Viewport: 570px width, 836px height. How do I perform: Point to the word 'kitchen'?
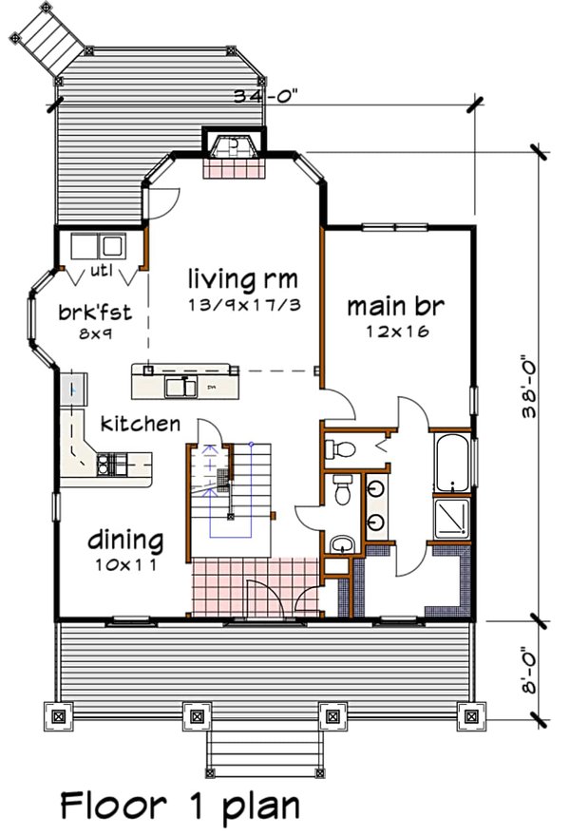[x=141, y=423]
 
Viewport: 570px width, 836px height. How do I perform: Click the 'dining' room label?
[x=126, y=541]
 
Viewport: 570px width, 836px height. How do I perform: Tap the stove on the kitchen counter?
[x=110, y=465]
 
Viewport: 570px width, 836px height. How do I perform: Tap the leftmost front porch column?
[x=60, y=714]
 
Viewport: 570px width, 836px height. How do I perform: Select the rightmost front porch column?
[x=468, y=714]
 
